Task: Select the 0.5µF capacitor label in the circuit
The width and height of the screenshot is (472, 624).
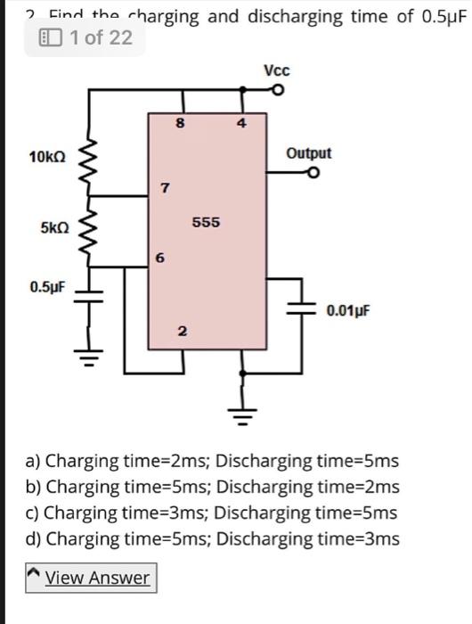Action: click(46, 288)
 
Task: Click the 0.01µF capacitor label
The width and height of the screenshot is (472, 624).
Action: click(347, 311)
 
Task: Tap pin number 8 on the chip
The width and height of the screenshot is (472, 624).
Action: click(181, 126)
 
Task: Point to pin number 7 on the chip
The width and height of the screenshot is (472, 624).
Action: click(162, 188)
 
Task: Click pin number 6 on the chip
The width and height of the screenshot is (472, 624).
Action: click(159, 259)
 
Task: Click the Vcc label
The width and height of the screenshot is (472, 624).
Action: click(277, 70)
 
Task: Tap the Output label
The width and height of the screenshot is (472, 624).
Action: click(309, 153)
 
